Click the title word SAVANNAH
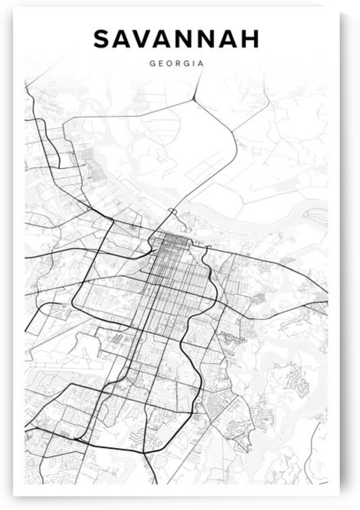(x=176, y=39)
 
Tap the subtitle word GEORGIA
(x=176, y=64)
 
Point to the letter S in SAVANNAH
(x=102, y=39)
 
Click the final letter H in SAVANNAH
(x=250, y=39)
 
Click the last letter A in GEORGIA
(x=201, y=64)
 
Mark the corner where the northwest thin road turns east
(x=65, y=121)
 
